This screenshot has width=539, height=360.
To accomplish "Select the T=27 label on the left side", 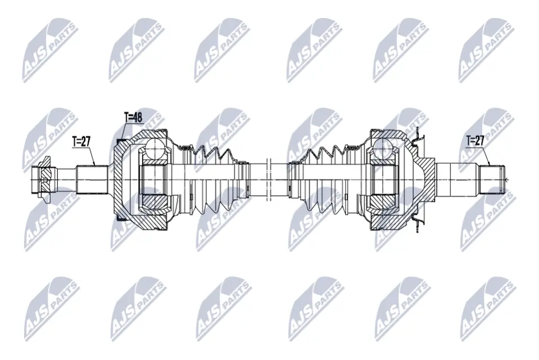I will point(83,142).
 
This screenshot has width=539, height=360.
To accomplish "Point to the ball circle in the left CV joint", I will point(153,150).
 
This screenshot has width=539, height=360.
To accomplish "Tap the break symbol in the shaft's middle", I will point(269,179).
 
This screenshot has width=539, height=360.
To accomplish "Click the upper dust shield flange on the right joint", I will point(416,136).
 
